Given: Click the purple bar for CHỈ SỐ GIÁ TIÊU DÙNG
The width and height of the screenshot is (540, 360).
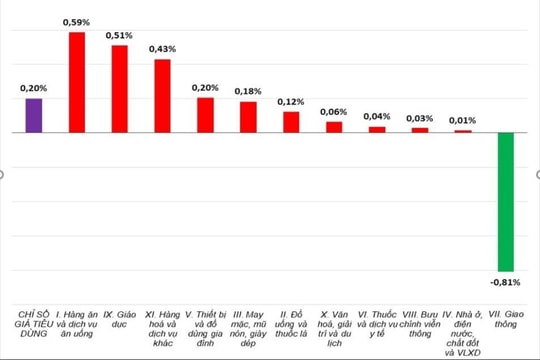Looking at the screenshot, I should pos(33,115).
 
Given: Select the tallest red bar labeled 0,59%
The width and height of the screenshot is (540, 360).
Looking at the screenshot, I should pos(76,82).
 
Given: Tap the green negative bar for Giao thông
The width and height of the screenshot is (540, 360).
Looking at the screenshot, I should pos(507,201).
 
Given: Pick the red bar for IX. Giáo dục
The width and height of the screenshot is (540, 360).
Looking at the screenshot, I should pos(119,88).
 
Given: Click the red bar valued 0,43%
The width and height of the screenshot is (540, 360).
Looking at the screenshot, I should pos(162,96).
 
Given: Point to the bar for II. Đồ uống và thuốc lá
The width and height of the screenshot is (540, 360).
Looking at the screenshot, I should pos(291,121).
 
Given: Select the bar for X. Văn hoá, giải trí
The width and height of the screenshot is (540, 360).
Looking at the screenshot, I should pos(334,127).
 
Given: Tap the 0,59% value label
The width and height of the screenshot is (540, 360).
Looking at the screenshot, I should pos(76,22).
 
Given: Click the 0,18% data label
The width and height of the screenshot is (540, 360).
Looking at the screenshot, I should pos(248,91).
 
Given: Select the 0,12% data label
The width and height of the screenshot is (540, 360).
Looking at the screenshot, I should pos(291,101).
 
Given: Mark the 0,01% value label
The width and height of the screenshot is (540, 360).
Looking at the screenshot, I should pos(463,120).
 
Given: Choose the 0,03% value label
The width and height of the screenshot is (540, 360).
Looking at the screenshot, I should pos(420,118).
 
